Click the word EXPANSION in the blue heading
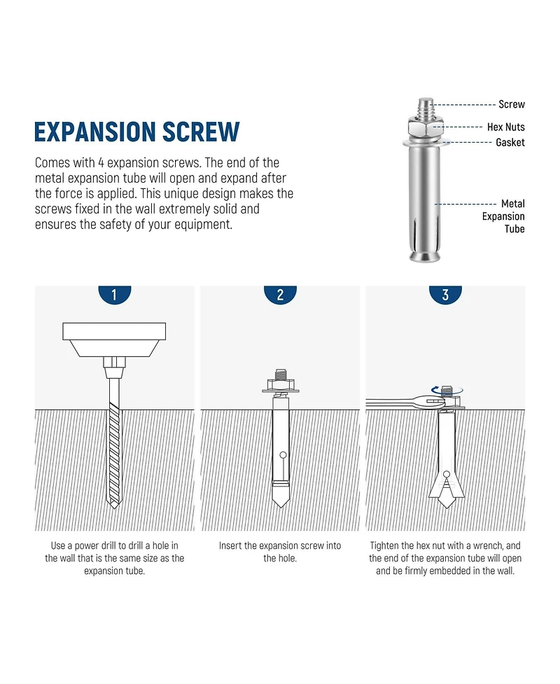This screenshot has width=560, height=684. (94, 132)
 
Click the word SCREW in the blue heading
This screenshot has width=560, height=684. (201, 132)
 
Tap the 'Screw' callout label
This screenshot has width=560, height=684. (512, 104)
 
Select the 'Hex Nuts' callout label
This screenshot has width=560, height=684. (506, 127)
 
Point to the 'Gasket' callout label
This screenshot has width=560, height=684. (510, 142)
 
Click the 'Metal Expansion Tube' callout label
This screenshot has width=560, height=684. (503, 216)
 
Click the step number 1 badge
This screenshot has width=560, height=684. (115, 295)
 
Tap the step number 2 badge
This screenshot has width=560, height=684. (280, 295)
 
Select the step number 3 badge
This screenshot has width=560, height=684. (445, 295)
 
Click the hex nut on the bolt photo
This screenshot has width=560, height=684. (426, 127)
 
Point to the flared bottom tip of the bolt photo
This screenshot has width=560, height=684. (425, 256)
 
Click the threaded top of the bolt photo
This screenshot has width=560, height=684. (426, 107)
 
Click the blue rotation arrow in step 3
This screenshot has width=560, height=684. (447, 390)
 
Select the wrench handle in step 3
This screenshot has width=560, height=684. (389, 403)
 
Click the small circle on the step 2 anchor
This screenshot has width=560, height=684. (283, 456)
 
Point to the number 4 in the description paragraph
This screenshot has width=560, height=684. (101, 163)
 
